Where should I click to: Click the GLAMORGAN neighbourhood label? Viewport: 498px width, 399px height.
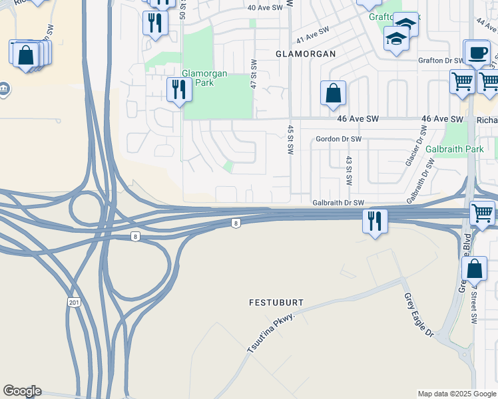tap(306, 53)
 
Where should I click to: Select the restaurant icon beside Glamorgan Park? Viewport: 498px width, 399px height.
tap(179, 89)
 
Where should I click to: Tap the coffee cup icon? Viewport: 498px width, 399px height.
tap(476, 53)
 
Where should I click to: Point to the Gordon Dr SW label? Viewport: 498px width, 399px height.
tap(339, 139)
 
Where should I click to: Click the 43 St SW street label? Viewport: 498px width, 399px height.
tap(348, 171)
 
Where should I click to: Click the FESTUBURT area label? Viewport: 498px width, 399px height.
tap(276, 303)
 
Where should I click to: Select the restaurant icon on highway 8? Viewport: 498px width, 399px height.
tap(375, 221)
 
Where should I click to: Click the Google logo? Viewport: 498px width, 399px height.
tap(22, 391)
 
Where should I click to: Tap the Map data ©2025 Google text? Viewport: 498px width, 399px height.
tap(457, 394)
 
